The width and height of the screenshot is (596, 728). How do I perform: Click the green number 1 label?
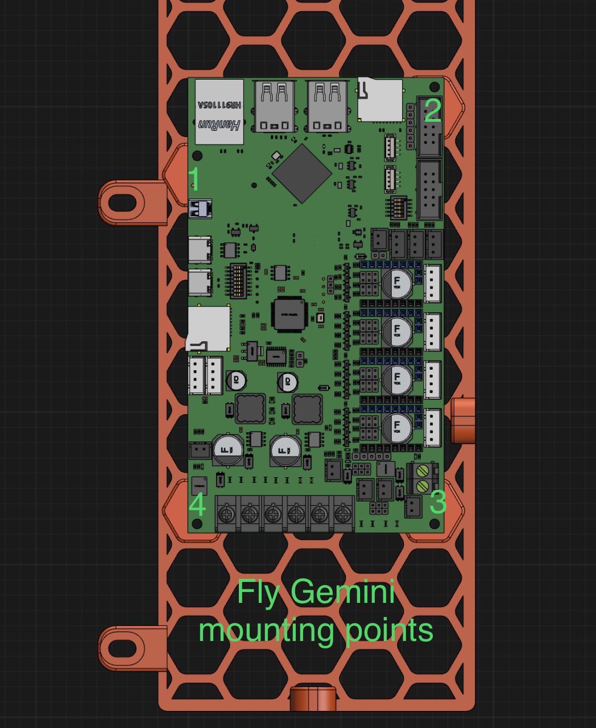[x=194, y=179]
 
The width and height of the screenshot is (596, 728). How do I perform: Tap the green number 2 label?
[x=432, y=111]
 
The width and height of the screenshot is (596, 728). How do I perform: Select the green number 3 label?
[x=437, y=502]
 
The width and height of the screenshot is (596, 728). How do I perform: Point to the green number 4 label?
[x=197, y=504]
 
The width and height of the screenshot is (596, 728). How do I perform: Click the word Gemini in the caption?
[x=343, y=593]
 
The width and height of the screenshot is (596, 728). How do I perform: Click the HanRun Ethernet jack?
[x=220, y=112]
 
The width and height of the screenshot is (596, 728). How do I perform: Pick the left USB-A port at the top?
[x=276, y=106]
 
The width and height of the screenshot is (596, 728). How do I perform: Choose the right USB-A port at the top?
[x=328, y=106]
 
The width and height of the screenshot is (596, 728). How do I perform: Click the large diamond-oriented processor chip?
[x=301, y=173]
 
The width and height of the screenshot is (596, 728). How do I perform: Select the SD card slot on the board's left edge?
[x=209, y=329]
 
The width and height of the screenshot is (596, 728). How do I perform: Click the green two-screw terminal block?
[x=423, y=478]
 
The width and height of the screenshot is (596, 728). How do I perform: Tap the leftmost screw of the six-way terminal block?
[x=227, y=515]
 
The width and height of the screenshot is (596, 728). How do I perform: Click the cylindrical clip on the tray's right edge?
[x=463, y=420]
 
